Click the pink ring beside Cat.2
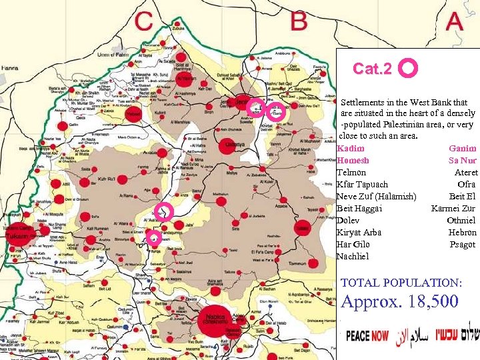pyautogui.click(x=408, y=69)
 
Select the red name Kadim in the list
pyautogui.click(x=351, y=149)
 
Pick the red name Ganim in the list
pyautogui.click(x=462, y=149)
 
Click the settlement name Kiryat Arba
pyautogui.click(x=359, y=233)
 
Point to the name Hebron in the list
pyautogui.click(x=462, y=233)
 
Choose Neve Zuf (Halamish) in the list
pyautogui.click(x=376, y=197)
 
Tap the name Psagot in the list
pyautogui.click(x=462, y=245)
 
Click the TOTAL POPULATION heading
pyautogui.click(x=401, y=283)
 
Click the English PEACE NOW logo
pyautogui.click(x=367, y=335)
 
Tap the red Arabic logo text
pyautogui.click(x=411, y=335)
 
